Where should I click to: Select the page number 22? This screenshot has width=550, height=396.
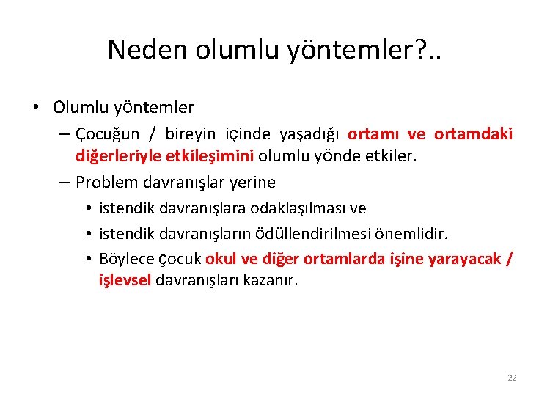(512, 378)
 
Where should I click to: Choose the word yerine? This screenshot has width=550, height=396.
(252, 182)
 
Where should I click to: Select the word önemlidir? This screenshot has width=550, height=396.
(411, 233)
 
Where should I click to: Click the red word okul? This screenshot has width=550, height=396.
(220, 258)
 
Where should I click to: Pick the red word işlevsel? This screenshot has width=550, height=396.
(125, 280)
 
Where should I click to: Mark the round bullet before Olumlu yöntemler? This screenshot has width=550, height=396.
(36, 108)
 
